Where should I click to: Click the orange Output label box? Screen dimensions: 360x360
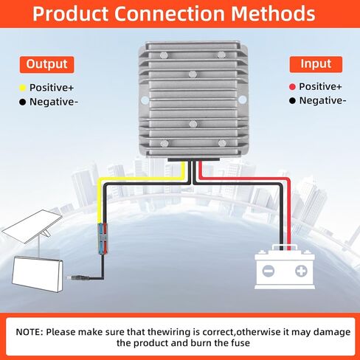[x=46, y=64]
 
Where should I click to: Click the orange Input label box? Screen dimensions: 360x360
[x=316, y=64]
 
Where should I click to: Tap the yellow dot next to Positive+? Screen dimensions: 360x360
[x=22, y=88]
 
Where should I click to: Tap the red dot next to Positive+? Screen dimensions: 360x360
[x=292, y=87]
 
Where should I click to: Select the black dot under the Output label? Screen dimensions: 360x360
[x=22, y=102]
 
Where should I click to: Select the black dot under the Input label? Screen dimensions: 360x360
[x=292, y=100]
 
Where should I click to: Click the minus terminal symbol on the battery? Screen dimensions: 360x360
[x=268, y=271]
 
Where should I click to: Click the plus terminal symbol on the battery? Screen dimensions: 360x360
[x=301, y=271]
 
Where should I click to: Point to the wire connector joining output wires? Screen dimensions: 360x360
[x=103, y=238]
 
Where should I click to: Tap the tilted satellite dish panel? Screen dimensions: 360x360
[x=32, y=226]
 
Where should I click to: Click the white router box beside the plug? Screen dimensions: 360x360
[x=38, y=274]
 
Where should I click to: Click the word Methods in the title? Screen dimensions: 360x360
[x=273, y=13]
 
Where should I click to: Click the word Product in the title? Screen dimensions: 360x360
[x=70, y=13]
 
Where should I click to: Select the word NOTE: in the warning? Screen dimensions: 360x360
[x=30, y=332]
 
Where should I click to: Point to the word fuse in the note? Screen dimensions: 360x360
[x=240, y=343]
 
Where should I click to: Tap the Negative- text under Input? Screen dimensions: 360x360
[x=322, y=100]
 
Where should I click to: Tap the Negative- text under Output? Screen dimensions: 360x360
[x=54, y=102]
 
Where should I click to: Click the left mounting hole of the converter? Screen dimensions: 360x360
[x=145, y=100]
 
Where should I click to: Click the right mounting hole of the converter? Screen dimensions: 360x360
[x=243, y=100]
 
